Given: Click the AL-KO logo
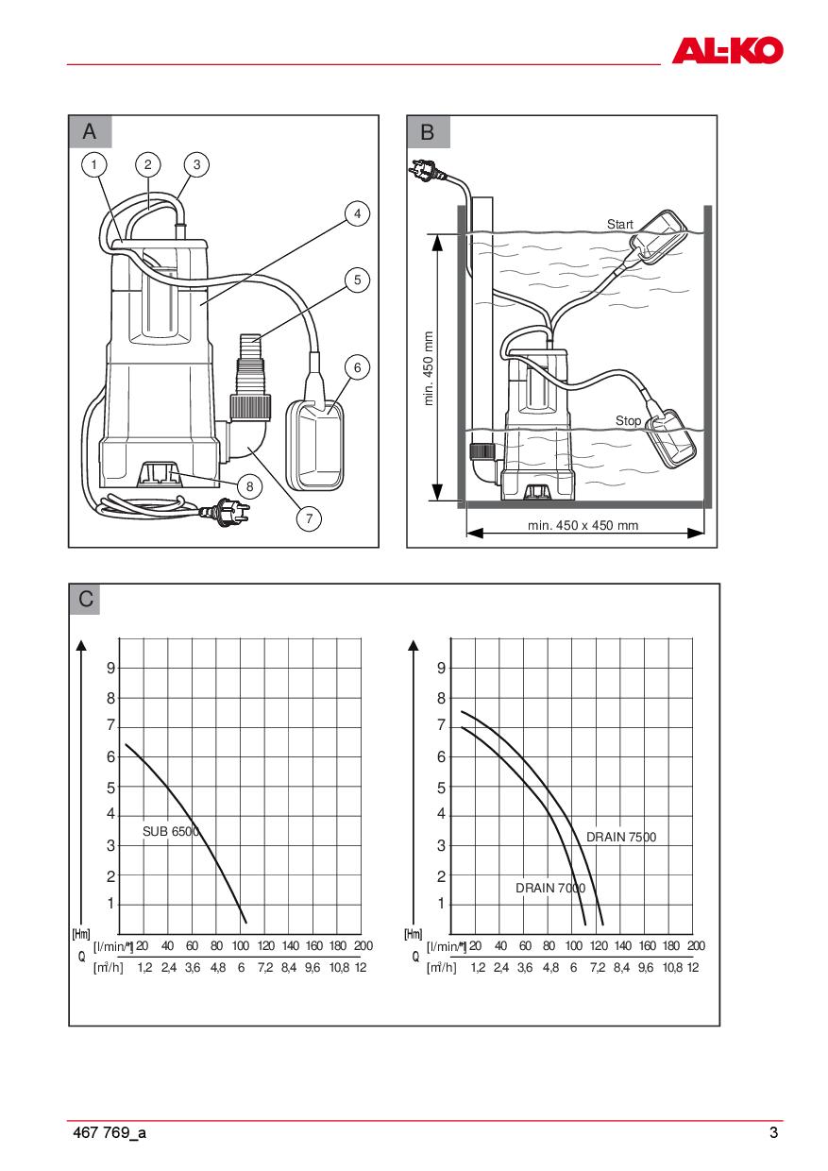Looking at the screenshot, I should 727,49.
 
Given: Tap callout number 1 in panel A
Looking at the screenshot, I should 95,165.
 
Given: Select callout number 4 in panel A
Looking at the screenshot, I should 356,214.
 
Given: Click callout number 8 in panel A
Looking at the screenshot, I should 249,486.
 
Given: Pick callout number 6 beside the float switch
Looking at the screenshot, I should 356,366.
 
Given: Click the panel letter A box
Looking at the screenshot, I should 90,132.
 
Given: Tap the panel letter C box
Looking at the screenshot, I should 86,600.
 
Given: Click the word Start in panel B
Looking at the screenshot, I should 620,225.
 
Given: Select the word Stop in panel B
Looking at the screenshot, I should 628,420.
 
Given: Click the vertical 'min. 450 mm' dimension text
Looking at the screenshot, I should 429,368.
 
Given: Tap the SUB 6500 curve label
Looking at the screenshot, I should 171,832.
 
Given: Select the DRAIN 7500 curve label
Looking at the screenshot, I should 620,837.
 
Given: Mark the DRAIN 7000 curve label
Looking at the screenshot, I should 549,889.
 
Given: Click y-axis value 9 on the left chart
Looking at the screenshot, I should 110,668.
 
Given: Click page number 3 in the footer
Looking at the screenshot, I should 773,1134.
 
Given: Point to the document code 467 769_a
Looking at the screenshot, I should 110,1134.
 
